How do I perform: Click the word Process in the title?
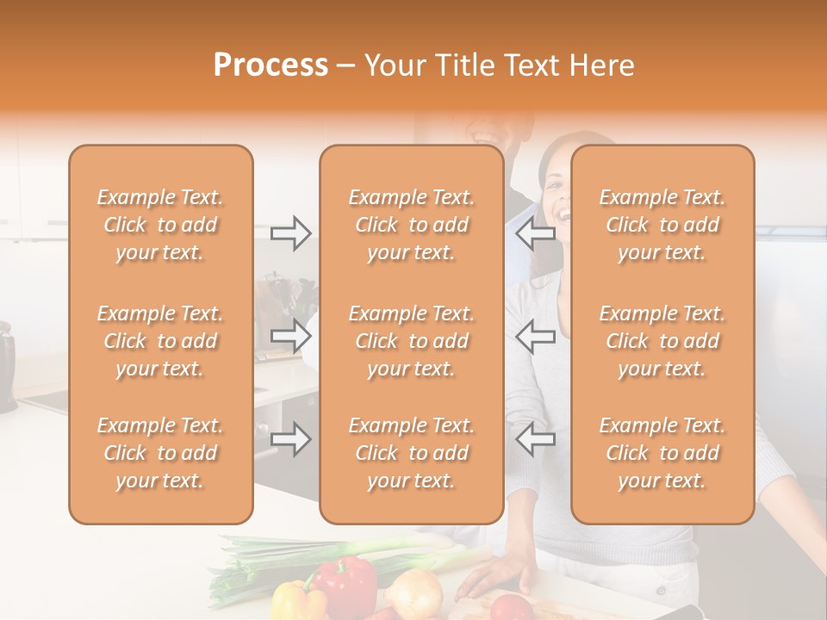click(270, 65)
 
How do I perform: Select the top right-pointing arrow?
click(290, 233)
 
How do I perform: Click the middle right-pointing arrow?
click(290, 336)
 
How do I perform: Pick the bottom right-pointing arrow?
click(290, 439)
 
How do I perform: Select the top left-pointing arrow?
click(535, 233)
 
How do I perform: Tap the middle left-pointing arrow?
click(535, 336)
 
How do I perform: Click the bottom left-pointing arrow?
click(535, 439)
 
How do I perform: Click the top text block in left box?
click(160, 225)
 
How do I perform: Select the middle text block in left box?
click(160, 341)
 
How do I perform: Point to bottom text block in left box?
click(160, 453)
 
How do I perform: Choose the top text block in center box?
click(412, 225)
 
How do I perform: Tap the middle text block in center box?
click(412, 341)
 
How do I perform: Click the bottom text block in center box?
click(412, 453)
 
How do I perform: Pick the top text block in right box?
click(662, 225)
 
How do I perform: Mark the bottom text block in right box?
click(662, 453)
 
